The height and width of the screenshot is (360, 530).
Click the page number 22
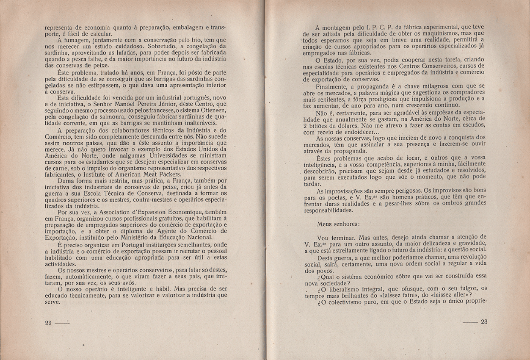(x=48, y=322)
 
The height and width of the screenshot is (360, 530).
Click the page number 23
(x=484, y=321)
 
